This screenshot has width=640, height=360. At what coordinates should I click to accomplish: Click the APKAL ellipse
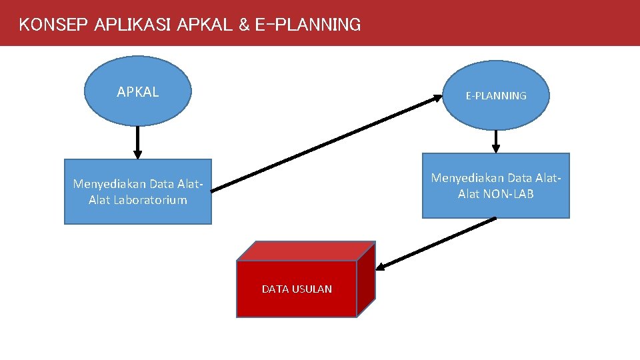pyautogui.click(x=137, y=91)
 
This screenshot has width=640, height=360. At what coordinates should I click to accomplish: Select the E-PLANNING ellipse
pyautogui.click(x=496, y=95)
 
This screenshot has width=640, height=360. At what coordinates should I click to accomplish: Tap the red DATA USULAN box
pyautogui.click(x=297, y=289)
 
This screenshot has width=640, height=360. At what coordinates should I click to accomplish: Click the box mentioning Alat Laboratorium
pyautogui.click(x=137, y=191)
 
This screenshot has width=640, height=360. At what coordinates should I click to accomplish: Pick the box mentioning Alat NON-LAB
pyautogui.click(x=495, y=185)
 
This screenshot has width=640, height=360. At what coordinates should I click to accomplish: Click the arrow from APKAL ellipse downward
pyautogui.click(x=137, y=142)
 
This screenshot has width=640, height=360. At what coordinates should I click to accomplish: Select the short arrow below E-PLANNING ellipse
pyautogui.click(x=496, y=141)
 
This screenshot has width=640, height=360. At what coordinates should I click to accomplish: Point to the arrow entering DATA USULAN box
pyautogui.click(x=437, y=243)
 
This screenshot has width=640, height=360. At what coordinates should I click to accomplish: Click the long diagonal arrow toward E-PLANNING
pyautogui.click(x=327, y=143)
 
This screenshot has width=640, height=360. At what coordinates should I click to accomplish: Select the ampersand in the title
pyautogui.click(x=243, y=25)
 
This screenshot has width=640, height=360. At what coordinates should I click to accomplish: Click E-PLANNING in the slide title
pyautogui.click(x=307, y=25)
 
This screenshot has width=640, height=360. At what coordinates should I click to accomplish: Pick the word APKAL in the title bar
pyautogui.click(x=205, y=25)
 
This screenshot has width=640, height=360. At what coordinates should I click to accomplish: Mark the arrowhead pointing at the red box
pyautogui.click(x=380, y=268)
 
